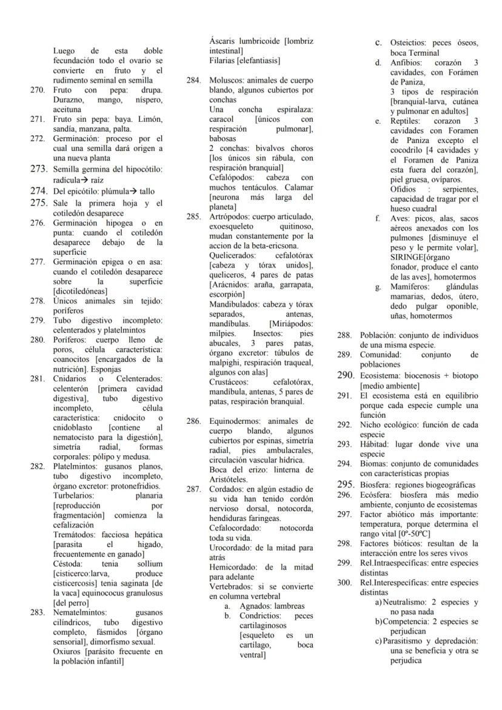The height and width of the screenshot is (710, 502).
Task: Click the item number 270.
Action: click(x=37, y=90)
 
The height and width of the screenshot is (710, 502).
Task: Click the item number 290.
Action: click(x=345, y=375)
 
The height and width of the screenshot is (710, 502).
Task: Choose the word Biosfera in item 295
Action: click(x=375, y=484)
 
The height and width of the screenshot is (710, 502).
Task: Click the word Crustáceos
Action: click(x=230, y=382)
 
